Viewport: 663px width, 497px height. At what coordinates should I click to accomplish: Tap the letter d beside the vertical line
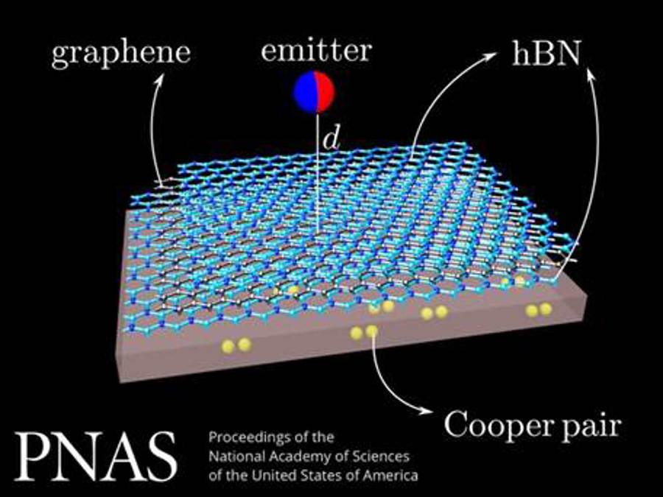point(331,139)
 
